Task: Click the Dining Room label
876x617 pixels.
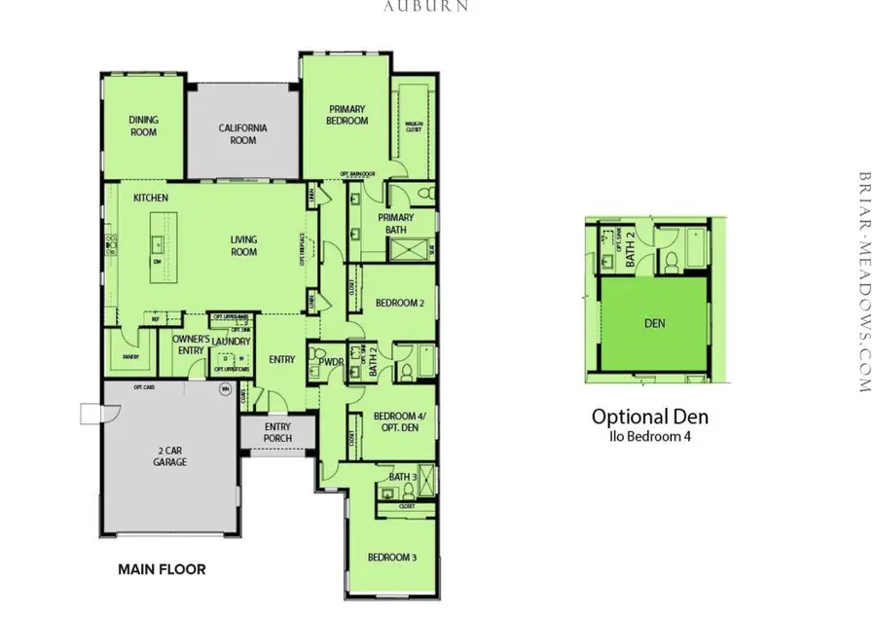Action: pos(144,126)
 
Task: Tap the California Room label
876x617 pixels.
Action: pos(243,133)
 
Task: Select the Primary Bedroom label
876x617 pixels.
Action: pos(347,115)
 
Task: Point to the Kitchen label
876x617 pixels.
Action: pos(151,199)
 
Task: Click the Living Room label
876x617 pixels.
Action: pos(243,245)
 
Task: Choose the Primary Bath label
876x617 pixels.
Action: pos(395,223)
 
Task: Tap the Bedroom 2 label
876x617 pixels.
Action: pos(400,303)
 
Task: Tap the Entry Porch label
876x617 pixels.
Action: pos(277,432)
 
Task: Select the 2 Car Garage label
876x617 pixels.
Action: pos(170,456)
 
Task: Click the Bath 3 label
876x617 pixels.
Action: pos(402,477)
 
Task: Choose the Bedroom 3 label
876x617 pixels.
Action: pos(392,557)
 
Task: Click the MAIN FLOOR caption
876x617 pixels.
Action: pos(162,569)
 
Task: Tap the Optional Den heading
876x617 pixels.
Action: pos(650,417)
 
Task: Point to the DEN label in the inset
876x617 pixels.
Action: pos(655,322)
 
